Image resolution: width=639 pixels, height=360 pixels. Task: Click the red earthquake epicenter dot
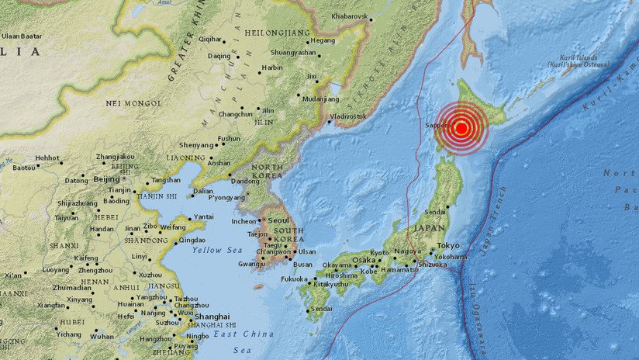pyautogui.click(x=461, y=129)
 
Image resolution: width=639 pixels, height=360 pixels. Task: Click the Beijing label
pyautogui.click(x=107, y=179)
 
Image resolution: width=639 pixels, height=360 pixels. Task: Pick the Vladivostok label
pyautogui.click(x=348, y=116)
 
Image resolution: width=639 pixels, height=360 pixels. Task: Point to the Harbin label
pyautogui.click(x=271, y=67)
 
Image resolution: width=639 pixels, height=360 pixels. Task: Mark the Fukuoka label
pyautogui.click(x=295, y=279)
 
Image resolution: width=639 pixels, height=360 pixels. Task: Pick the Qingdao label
pyautogui.click(x=192, y=241)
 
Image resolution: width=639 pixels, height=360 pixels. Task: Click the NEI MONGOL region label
pyautogui.click(x=133, y=102)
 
